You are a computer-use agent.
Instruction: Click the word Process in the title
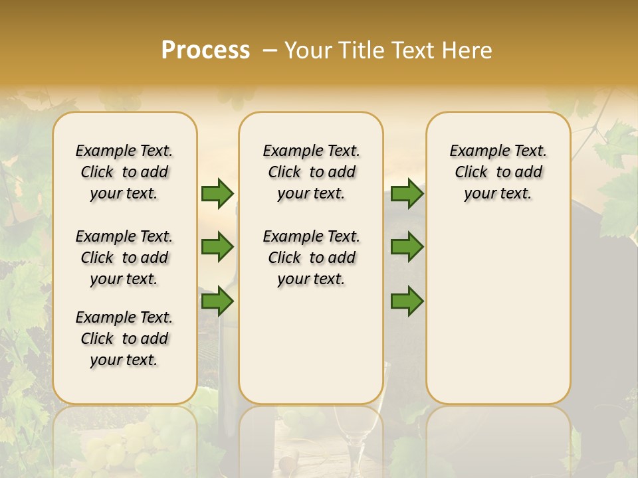[205, 50]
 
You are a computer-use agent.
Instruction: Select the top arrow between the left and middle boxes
[217, 193]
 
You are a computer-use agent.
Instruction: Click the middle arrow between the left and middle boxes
[217, 247]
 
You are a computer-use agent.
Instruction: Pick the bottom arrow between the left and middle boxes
[217, 301]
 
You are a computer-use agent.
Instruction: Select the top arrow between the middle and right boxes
[407, 193]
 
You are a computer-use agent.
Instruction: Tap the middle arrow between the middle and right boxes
[407, 247]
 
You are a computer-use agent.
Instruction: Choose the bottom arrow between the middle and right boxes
[407, 301]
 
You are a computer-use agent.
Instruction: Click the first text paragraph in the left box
[124, 172]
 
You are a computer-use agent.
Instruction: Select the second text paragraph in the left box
[124, 258]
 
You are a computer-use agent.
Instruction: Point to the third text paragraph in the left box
[124, 339]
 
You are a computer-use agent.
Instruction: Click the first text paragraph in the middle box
[311, 172]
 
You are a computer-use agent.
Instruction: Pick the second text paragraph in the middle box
[311, 258]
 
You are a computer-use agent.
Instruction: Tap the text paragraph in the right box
[498, 172]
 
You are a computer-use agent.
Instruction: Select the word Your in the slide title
[307, 50]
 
